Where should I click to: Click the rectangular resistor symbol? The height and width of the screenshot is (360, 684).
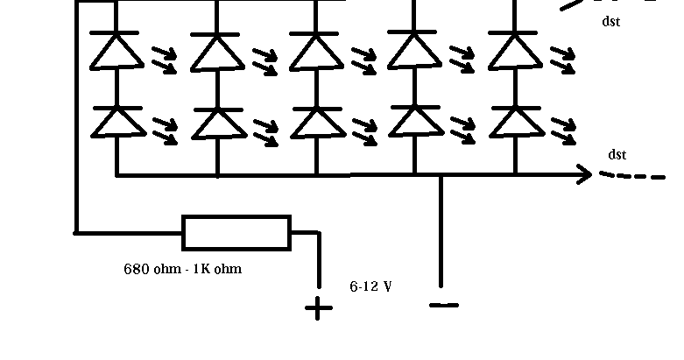(x=236, y=232)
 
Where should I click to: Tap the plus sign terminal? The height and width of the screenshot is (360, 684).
(x=318, y=308)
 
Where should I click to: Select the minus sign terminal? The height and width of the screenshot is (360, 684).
(x=444, y=305)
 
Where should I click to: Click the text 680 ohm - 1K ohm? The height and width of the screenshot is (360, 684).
(x=182, y=269)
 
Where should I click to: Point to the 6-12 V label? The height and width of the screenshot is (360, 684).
(x=370, y=286)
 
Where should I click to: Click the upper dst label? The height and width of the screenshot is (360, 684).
(x=611, y=22)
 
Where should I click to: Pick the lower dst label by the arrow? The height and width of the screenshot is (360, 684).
(x=617, y=155)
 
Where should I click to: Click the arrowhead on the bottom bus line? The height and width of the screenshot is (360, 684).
(x=584, y=175)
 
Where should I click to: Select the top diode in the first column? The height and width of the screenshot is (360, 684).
(x=116, y=51)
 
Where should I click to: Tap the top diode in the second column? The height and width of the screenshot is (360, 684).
(x=217, y=51)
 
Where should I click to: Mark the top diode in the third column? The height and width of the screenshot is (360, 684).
(x=316, y=51)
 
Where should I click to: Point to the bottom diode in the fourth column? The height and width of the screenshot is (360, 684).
(x=414, y=120)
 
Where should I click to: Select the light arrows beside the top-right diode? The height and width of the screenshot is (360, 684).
(x=563, y=59)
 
